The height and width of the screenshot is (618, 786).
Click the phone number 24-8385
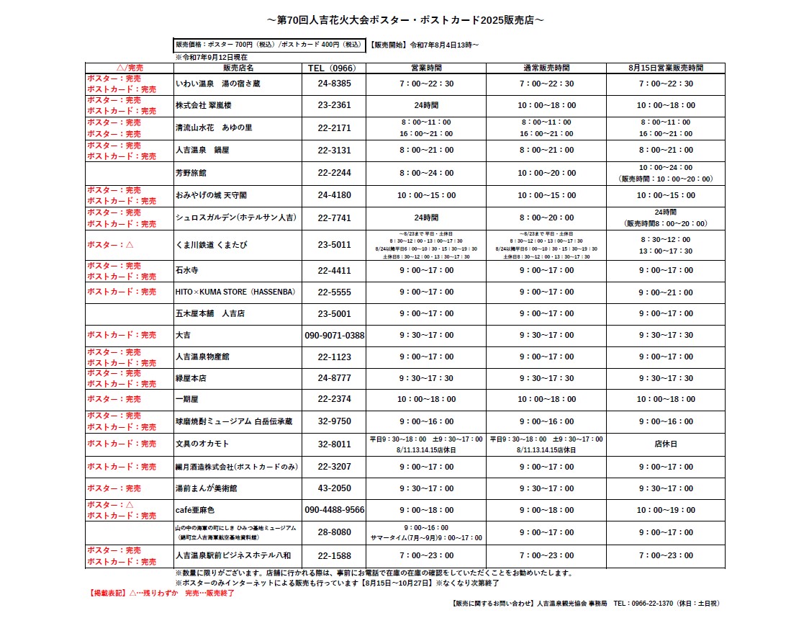[334, 84]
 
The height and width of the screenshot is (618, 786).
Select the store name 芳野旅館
[191, 174]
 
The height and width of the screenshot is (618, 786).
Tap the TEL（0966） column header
[334, 68]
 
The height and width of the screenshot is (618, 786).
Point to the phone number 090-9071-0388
[335, 336]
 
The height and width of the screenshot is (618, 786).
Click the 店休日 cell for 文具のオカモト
[666, 444]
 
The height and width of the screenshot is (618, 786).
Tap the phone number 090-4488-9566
[335, 510]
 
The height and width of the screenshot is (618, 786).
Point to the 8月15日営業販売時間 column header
[666, 68]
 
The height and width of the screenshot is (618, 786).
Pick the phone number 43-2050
[334, 488]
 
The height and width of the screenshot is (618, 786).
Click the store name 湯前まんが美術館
[207, 488]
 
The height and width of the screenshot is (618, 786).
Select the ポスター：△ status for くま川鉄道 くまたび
[110, 245]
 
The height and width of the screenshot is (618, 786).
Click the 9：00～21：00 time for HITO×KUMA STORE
[666, 292]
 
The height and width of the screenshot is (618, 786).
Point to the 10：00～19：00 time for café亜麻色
[666, 510]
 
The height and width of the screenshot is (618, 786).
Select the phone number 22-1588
[334, 556]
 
